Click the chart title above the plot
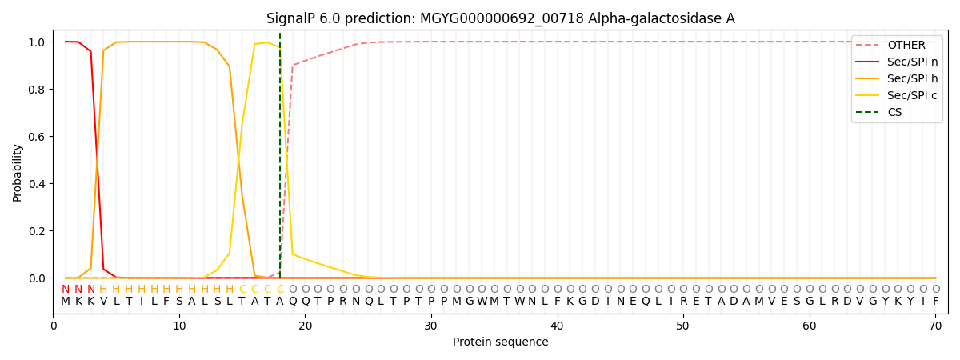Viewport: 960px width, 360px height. coord(501,18)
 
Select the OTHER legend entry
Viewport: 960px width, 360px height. coord(897,45)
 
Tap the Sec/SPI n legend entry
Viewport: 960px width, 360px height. coord(897,62)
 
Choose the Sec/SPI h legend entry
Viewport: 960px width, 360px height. coord(897,78)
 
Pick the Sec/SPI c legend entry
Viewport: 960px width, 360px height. coord(897,95)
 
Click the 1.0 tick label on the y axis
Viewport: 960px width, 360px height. coord(37,42)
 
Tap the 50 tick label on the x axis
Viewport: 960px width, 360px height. coord(683,326)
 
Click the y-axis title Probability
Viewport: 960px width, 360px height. coord(17,173)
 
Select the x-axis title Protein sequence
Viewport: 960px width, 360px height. coord(501,342)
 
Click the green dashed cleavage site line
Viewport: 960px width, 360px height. coord(280,155)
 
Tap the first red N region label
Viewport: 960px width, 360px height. coord(66,289)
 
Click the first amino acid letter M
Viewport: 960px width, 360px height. coord(66,302)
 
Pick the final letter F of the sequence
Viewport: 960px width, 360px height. coord(936,302)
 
